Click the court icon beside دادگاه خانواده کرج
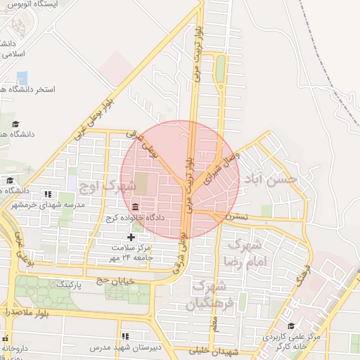tap(135, 206)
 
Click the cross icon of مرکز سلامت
tap(130, 237)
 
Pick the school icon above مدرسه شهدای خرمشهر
tap(48, 194)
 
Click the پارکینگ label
tap(69, 284)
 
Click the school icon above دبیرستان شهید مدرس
tap(125, 337)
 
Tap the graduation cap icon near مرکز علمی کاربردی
tap(291, 326)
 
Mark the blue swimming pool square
tap(22, 78)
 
